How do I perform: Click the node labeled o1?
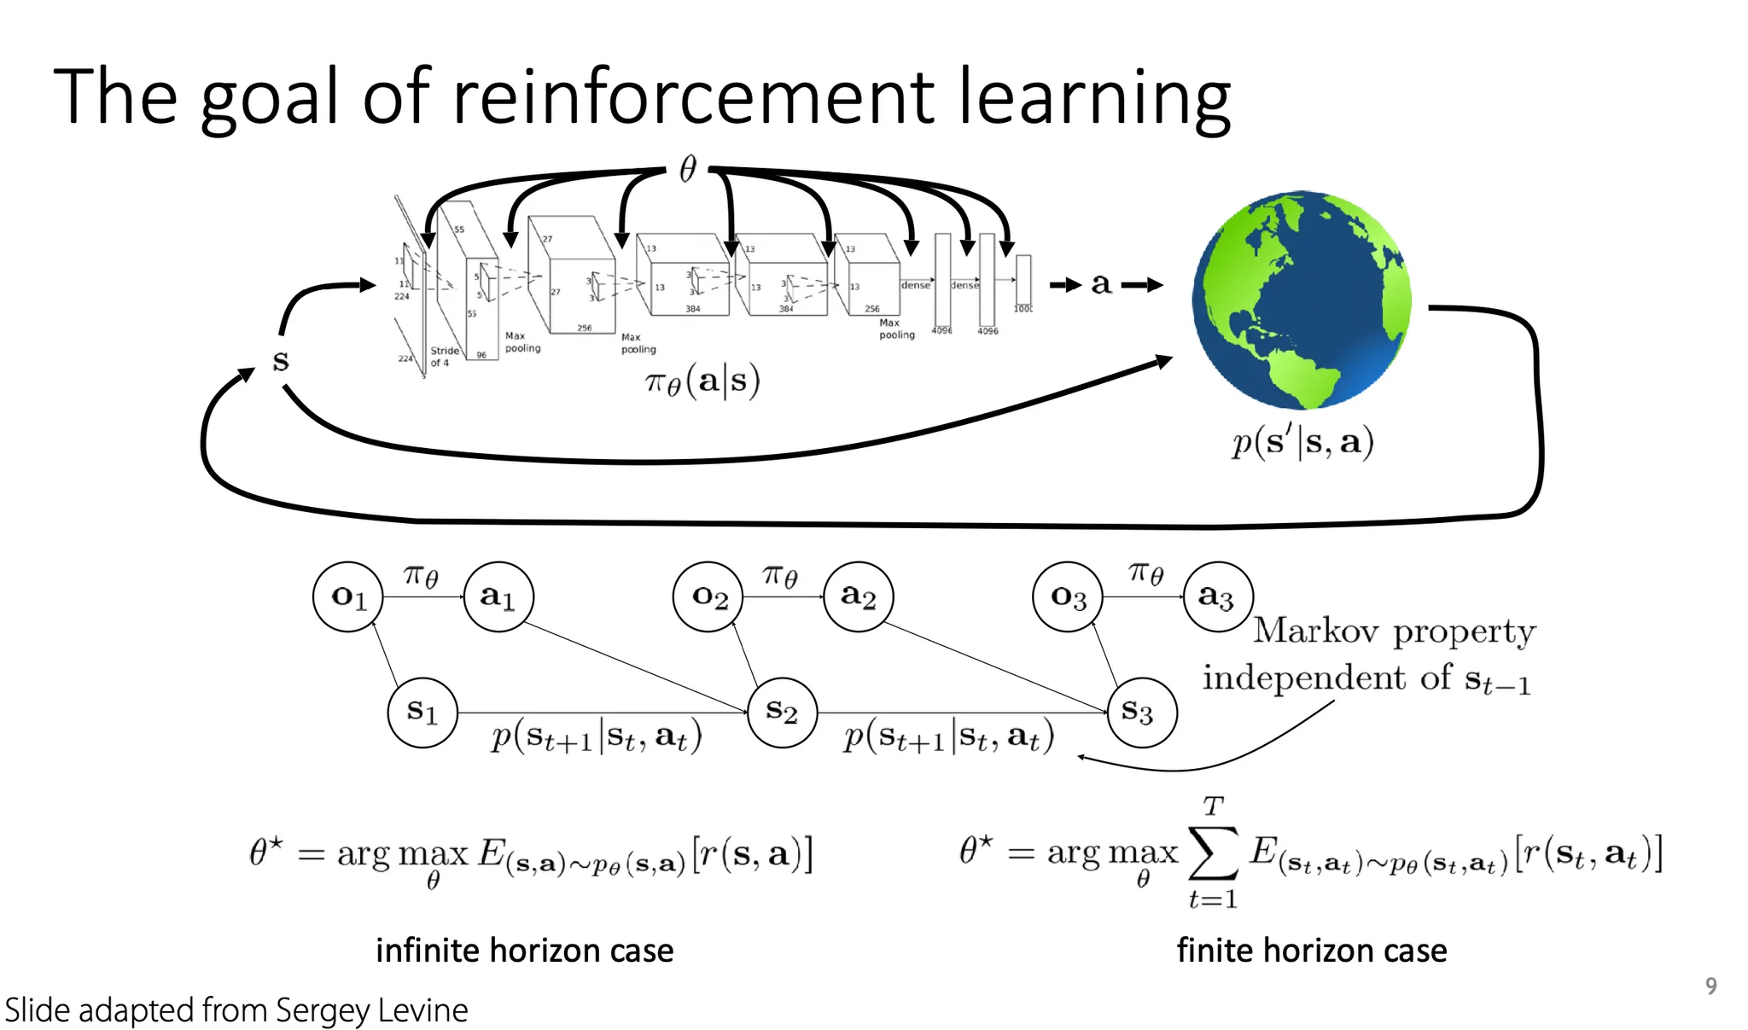(x=348, y=596)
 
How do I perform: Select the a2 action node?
(x=858, y=596)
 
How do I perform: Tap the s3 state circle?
(x=1141, y=712)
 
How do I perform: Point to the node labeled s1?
(x=422, y=712)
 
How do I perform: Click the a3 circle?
(x=1218, y=596)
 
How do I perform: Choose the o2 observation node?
(x=708, y=596)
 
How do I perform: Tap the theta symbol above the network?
(x=688, y=169)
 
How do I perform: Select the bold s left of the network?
(x=281, y=361)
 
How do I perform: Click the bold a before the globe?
(x=1101, y=284)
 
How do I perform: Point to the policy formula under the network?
(x=702, y=381)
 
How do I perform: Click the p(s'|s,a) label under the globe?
(x=1302, y=442)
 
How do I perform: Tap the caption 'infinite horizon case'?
(x=524, y=950)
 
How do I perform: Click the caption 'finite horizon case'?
(x=1312, y=950)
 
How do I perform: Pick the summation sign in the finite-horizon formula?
(x=1213, y=853)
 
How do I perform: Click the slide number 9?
(x=1710, y=986)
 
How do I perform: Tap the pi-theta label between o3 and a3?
(x=1145, y=573)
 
